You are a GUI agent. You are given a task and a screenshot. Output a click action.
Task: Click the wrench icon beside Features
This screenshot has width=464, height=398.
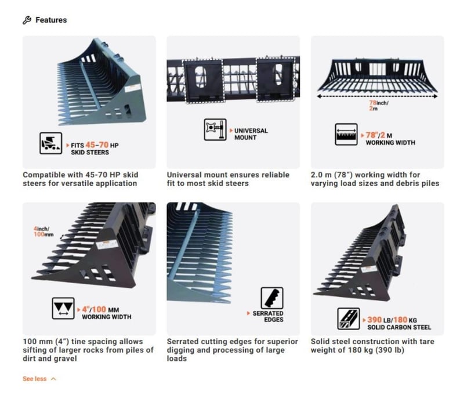(x=27, y=20)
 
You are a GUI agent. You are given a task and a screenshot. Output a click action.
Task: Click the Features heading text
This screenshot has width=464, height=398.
(x=51, y=20)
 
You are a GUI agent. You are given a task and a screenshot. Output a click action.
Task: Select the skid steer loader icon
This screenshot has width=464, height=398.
(x=51, y=143)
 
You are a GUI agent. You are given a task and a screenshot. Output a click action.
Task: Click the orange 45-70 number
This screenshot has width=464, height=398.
(x=97, y=144)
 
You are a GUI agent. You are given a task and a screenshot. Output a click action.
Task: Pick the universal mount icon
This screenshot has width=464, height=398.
(x=215, y=129)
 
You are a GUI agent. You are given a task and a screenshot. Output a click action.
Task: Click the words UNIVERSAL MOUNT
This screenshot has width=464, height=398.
(x=251, y=134)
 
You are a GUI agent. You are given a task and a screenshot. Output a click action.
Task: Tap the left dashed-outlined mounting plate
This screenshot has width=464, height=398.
(x=203, y=81)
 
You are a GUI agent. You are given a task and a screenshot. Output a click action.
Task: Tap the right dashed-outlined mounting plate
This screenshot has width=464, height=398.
(x=275, y=79)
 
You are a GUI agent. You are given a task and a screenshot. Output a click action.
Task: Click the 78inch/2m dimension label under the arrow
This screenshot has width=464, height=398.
(x=379, y=106)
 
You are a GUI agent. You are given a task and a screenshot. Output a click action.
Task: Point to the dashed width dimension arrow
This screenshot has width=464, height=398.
(x=377, y=96)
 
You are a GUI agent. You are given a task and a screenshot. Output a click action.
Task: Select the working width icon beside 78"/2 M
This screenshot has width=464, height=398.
(x=346, y=135)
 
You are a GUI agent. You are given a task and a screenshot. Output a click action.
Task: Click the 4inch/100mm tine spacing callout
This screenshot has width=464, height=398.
(x=43, y=231)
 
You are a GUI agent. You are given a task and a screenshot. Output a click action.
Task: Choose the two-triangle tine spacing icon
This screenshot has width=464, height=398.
(x=63, y=308)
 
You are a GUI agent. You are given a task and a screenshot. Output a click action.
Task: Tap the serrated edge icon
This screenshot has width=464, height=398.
(x=272, y=298)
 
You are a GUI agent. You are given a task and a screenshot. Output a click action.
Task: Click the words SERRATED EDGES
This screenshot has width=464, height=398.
(x=268, y=316)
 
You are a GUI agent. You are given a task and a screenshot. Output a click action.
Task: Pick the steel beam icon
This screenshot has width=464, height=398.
(x=349, y=319)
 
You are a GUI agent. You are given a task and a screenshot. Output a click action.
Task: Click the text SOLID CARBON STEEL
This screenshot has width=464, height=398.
(x=399, y=327)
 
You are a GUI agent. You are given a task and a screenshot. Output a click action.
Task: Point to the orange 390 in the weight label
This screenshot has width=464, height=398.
(x=374, y=320)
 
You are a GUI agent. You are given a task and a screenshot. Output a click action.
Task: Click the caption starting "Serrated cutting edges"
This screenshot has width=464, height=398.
(x=233, y=350)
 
